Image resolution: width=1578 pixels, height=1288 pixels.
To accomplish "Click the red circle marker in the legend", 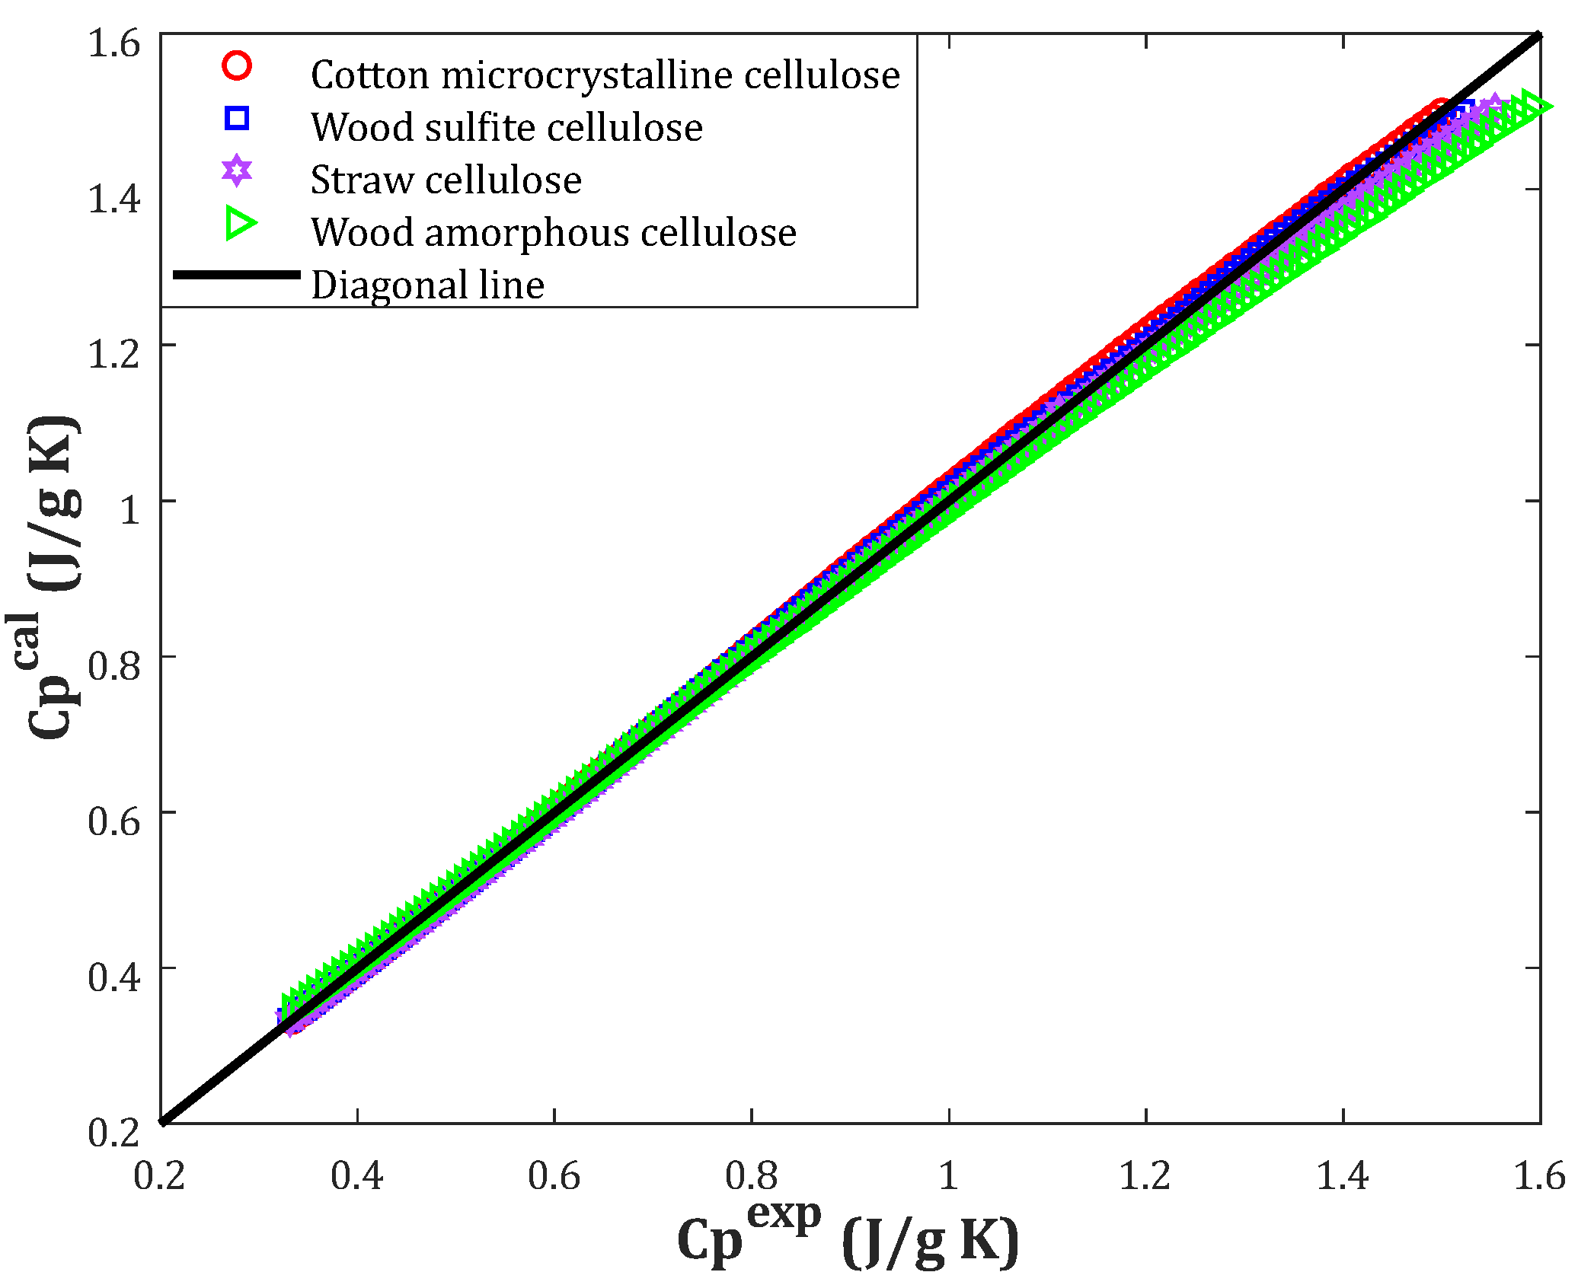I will pyautogui.click(x=237, y=65).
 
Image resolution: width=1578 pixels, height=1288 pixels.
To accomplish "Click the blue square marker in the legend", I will pyautogui.click(x=237, y=118).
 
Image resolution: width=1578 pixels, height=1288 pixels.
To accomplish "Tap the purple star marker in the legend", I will pyautogui.click(x=237, y=171).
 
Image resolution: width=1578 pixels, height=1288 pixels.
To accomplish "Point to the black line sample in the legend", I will pyautogui.click(x=237, y=275).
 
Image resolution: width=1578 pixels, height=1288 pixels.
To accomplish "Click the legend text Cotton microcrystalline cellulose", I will pyautogui.click(x=605, y=75).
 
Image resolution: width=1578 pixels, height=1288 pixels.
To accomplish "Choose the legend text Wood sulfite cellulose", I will pyautogui.click(x=506, y=128).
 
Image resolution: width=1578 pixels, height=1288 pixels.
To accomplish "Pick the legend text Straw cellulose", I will pyautogui.click(x=446, y=180).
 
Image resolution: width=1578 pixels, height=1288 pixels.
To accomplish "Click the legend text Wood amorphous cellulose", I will pyautogui.click(x=554, y=233).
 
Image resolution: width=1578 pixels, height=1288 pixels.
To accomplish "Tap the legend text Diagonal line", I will pyautogui.click(x=427, y=285).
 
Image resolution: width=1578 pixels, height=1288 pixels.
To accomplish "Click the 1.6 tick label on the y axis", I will pyautogui.click(x=114, y=43).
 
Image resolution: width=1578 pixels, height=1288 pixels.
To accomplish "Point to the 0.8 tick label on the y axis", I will pyautogui.click(x=114, y=666).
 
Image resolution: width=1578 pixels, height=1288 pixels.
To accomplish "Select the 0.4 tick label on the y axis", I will pyautogui.click(x=114, y=977).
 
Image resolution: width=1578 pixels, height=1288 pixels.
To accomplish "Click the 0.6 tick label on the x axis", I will pyautogui.click(x=554, y=1176).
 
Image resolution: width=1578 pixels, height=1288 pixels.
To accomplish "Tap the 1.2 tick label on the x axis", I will pyautogui.click(x=1145, y=1176).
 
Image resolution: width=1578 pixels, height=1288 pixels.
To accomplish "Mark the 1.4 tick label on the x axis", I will pyautogui.click(x=1343, y=1176).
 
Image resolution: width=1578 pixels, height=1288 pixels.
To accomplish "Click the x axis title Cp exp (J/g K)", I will pyautogui.click(x=848, y=1237).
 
